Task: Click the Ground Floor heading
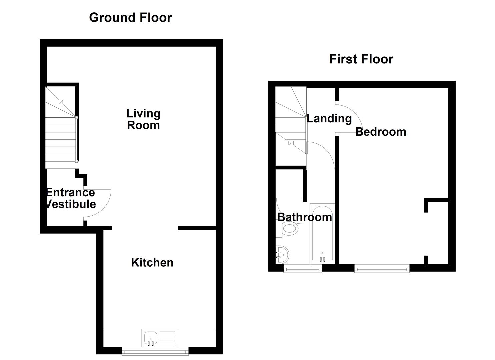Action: tap(130, 18)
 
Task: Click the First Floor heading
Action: tap(361, 59)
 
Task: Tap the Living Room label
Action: tap(143, 119)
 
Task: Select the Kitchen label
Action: tap(152, 263)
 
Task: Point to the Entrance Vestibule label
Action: tap(70, 198)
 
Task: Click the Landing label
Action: tap(329, 119)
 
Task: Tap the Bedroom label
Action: tap(381, 132)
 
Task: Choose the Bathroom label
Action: tap(304, 217)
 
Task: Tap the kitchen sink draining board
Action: tap(167, 338)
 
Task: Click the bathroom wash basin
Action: tap(282, 255)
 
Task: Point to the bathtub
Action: tap(322, 233)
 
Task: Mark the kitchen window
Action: tap(155, 351)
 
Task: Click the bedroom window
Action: tap(382, 268)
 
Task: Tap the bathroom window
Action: tap(303, 268)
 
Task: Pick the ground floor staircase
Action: tap(61, 133)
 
